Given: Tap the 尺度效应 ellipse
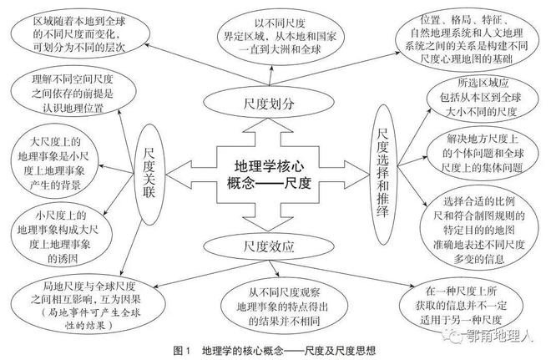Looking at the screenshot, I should [x=261, y=246].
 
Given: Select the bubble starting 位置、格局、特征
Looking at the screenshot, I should [x=471, y=38].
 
